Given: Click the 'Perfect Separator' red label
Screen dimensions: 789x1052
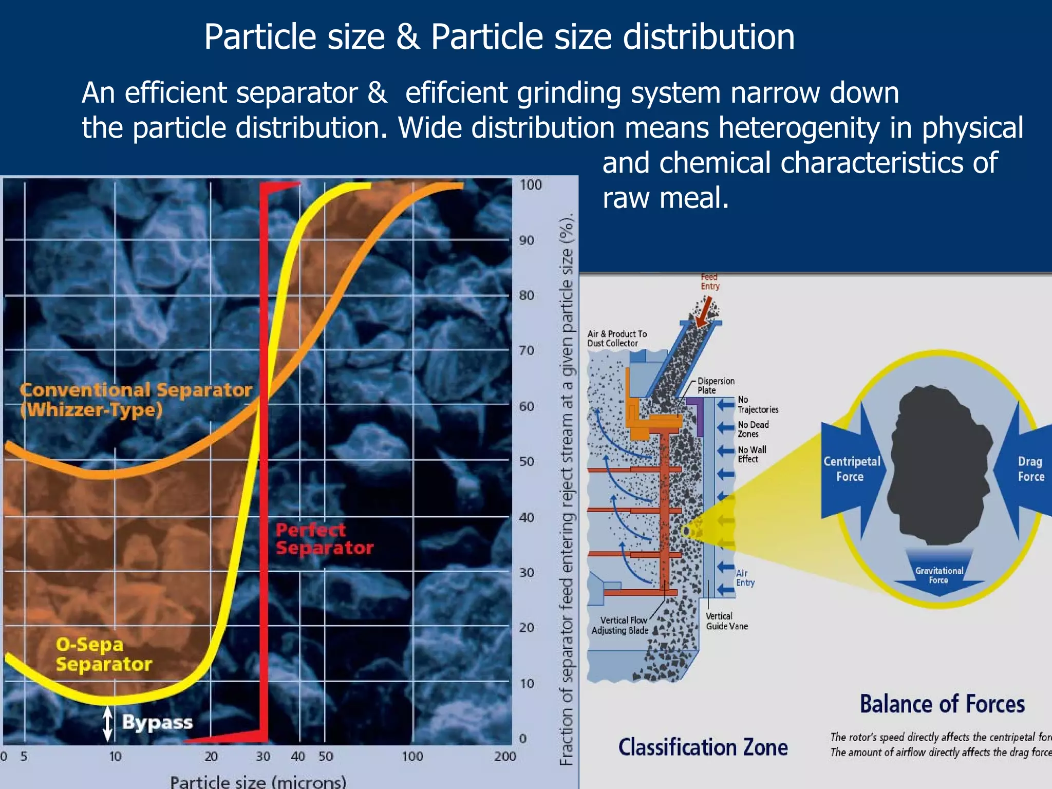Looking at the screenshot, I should (x=324, y=539).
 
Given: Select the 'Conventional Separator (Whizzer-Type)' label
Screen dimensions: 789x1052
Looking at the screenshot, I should (x=136, y=400).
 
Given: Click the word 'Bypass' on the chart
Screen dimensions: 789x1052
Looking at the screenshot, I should (x=157, y=722).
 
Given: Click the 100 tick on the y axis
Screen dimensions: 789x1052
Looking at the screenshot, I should (x=531, y=184).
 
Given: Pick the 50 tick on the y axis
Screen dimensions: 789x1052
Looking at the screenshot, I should (x=527, y=461).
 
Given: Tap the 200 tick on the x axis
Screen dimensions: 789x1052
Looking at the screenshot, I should (x=505, y=756).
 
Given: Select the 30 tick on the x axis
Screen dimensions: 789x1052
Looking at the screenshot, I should (x=263, y=756).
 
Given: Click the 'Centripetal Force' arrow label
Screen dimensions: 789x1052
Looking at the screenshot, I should (x=851, y=468).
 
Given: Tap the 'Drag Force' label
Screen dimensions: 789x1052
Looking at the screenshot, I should (x=1030, y=468).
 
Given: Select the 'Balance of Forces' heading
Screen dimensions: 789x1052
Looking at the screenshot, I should (x=942, y=704).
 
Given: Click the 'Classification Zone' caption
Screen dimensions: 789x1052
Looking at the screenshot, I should (x=703, y=747).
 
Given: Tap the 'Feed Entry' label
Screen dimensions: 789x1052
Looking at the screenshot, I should (x=710, y=281).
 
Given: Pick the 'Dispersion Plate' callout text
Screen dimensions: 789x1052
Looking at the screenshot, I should (x=716, y=385).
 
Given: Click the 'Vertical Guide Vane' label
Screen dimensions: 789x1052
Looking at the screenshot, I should (x=726, y=621).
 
